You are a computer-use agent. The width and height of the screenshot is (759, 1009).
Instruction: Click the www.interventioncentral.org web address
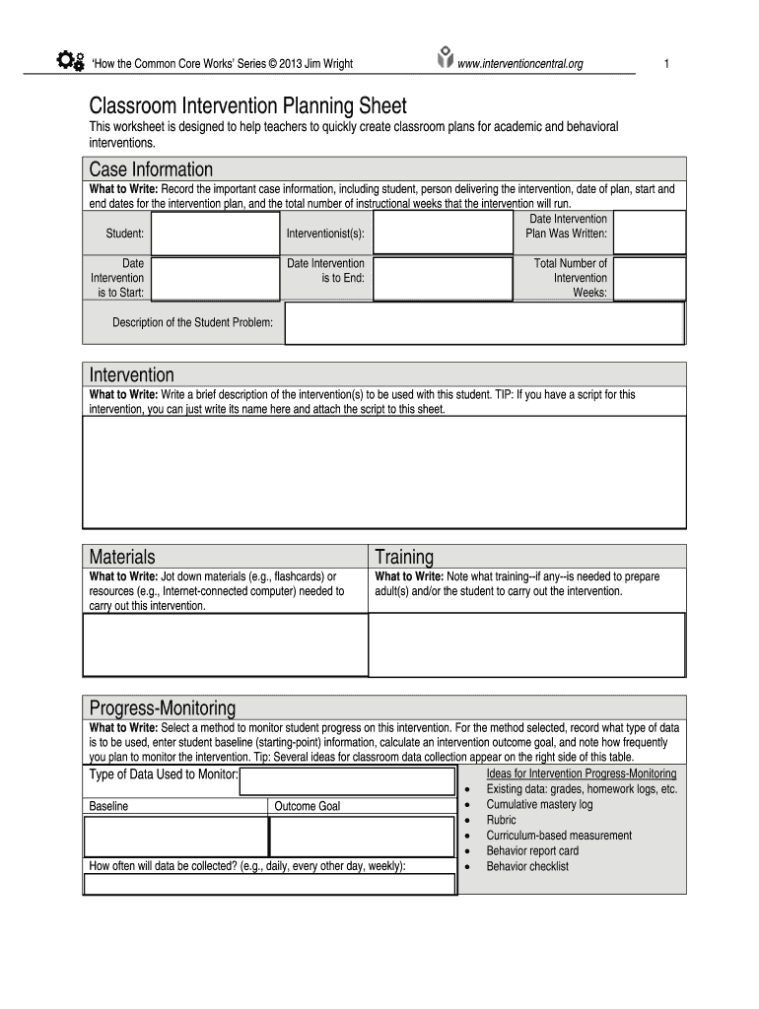519,64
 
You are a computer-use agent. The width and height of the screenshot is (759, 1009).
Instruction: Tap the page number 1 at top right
667,64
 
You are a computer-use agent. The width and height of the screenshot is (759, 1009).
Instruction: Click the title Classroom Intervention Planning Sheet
247,105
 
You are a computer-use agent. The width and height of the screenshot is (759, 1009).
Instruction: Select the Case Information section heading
151,169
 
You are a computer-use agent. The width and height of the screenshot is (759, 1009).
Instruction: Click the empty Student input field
215,234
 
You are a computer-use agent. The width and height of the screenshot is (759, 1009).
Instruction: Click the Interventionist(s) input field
443,234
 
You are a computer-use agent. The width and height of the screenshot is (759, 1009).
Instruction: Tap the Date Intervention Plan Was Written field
650,234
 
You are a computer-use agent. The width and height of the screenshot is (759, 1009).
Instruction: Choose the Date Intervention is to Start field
215,279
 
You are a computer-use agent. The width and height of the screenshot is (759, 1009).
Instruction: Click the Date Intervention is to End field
443,279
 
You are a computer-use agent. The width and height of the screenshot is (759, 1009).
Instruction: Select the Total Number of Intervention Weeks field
650,279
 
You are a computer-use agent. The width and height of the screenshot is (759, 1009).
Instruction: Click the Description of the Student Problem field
484,323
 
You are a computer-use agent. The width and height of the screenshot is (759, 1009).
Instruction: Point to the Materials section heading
122,557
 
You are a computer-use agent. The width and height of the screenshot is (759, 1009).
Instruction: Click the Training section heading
404,557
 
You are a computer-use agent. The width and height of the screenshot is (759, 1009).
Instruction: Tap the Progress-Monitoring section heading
163,707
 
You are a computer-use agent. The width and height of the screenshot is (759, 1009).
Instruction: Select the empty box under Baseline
175,837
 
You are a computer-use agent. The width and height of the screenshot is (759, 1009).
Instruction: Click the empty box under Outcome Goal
362,837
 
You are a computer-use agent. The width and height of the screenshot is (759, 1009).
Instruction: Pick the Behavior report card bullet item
532,850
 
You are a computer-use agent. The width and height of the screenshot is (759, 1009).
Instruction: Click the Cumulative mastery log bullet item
539,804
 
